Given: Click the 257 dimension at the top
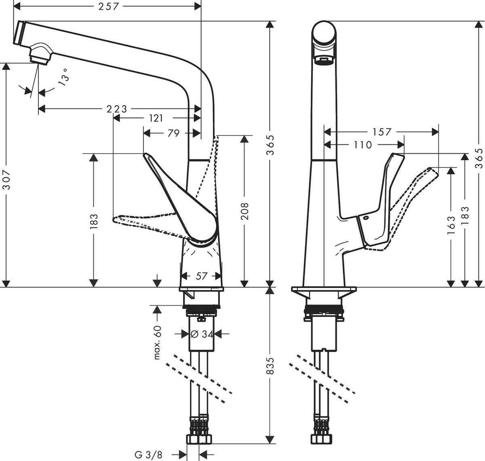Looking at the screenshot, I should click(x=110, y=6).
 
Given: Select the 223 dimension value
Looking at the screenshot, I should click(x=116, y=109).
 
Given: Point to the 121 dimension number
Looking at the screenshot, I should click(x=156, y=118).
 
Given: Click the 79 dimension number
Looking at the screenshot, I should click(x=173, y=133).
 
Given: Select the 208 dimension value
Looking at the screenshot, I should click(x=244, y=211).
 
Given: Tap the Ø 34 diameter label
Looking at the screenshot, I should click(x=201, y=334).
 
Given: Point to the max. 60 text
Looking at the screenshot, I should click(x=158, y=342).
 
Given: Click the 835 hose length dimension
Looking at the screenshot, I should click(x=270, y=366).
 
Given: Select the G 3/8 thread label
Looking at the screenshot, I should click(x=148, y=455).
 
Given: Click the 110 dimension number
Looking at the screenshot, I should click(x=363, y=145).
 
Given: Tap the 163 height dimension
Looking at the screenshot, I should click(x=451, y=224).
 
